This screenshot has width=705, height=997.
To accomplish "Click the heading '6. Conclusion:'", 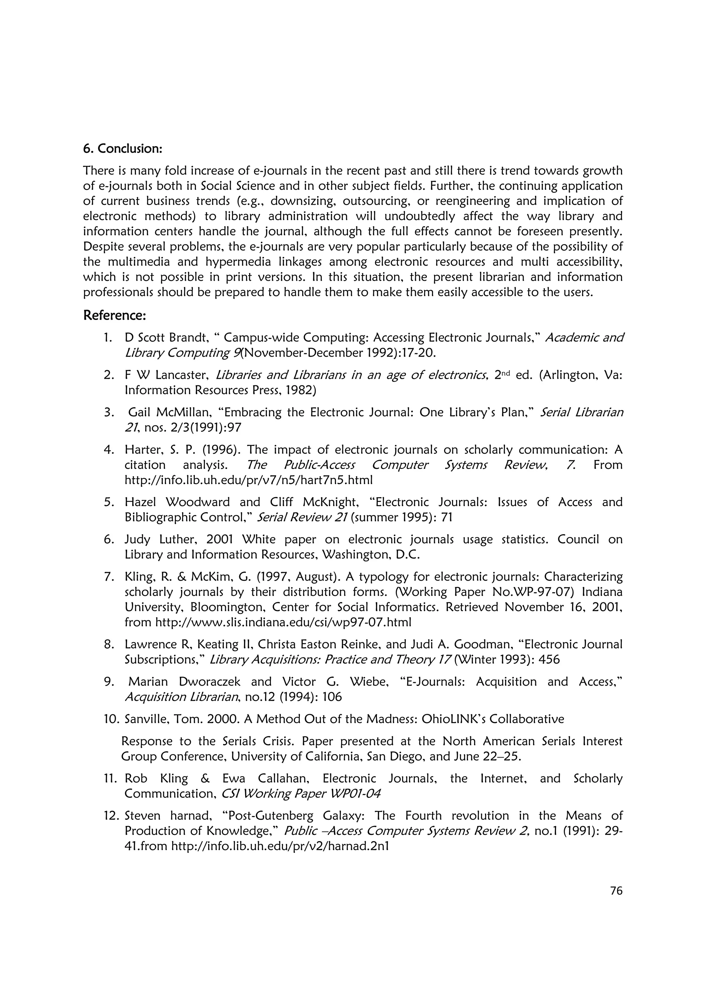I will [123, 149].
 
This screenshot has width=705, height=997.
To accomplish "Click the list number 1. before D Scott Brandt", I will [108, 337].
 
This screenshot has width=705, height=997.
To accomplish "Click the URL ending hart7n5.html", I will [249, 480].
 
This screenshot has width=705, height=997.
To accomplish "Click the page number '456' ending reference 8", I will [549, 660].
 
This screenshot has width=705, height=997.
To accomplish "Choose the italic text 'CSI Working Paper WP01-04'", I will [301, 793].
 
